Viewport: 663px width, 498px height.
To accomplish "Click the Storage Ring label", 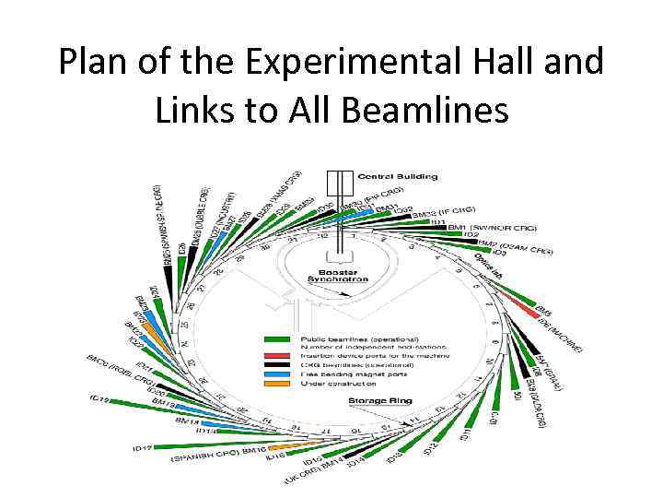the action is click(x=379, y=401).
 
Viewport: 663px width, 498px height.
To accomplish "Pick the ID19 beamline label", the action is click(x=100, y=398).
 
